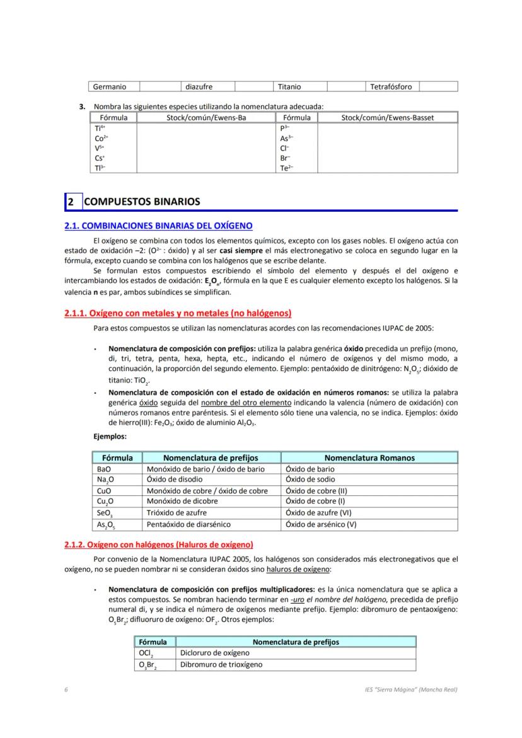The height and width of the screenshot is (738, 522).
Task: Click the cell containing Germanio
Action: click(x=110, y=86)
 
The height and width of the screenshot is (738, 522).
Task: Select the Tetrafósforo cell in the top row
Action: click(x=390, y=86)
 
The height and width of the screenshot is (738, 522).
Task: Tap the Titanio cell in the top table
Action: click(x=289, y=86)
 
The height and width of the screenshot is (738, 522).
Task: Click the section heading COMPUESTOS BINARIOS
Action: click(x=142, y=202)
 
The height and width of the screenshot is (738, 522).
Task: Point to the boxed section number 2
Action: click(x=71, y=202)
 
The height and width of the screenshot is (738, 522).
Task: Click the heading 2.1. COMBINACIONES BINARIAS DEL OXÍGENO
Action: click(x=159, y=225)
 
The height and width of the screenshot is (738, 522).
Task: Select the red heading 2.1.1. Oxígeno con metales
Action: click(x=178, y=313)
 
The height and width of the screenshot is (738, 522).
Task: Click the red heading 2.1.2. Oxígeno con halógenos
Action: click(x=158, y=545)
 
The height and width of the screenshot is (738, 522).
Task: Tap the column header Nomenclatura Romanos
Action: click(x=369, y=458)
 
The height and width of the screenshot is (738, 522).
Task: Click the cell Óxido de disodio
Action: click(x=175, y=480)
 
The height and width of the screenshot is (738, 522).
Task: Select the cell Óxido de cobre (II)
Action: click(x=316, y=491)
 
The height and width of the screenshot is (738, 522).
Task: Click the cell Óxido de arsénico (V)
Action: click(x=321, y=524)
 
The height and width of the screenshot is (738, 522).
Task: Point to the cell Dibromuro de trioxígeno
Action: click(x=221, y=664)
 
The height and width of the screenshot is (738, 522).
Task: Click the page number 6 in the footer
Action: click(x=66, y=689)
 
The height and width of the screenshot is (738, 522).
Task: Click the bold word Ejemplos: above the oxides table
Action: click(x=110, y=435)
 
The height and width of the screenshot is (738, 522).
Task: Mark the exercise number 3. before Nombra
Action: click(x=83, y=107)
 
